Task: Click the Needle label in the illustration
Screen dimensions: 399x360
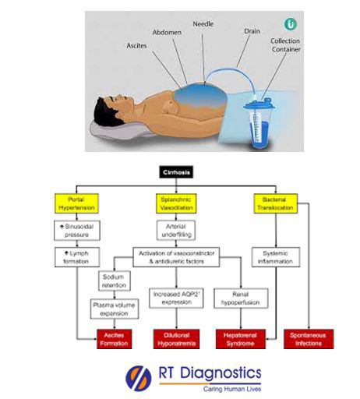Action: pyautogui.click(x=205, y=24)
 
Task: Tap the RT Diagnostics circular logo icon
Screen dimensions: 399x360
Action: pyautogui.click(x=139, y=377)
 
